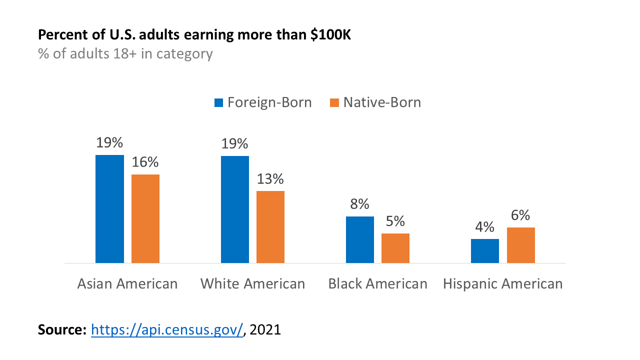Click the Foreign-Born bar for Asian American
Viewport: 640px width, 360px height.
(x=109, y=208)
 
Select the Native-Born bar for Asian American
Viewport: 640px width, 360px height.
(x=145, y=218)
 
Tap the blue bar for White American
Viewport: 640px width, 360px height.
(x=235, y=209)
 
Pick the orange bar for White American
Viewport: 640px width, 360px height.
(x=270, y=226)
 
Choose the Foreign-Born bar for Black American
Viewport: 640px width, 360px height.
(x=360, y=239)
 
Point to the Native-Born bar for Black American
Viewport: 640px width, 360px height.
(x=395, y=248)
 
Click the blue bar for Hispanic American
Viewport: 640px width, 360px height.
(x=485, y=250)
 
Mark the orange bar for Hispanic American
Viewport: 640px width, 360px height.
(x=521, y=245)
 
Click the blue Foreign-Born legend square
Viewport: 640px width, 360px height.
(x=218, y=103)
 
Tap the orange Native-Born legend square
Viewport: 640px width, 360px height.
(x=334, y=103)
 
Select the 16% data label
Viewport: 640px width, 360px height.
(x=145, y=162)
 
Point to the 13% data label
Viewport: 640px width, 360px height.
(x=270, y=179)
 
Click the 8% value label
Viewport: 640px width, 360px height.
(x=360, y=204)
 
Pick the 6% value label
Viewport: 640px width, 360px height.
(x=520, y=215)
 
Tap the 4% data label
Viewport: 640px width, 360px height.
(x=485, y=227)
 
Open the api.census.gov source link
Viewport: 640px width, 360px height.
(x=167, y=329)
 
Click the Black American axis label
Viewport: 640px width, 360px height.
(x=377, y=284)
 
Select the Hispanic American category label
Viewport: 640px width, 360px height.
(x=502, y=284)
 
